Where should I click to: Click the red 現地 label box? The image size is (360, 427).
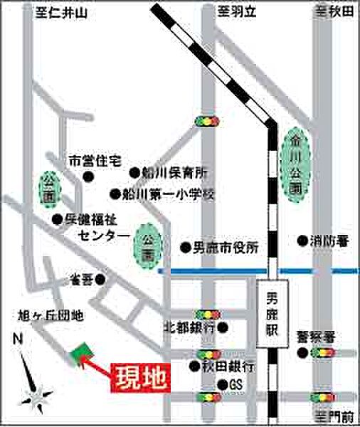(141, 377)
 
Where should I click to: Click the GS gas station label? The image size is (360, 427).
(235, 385)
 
